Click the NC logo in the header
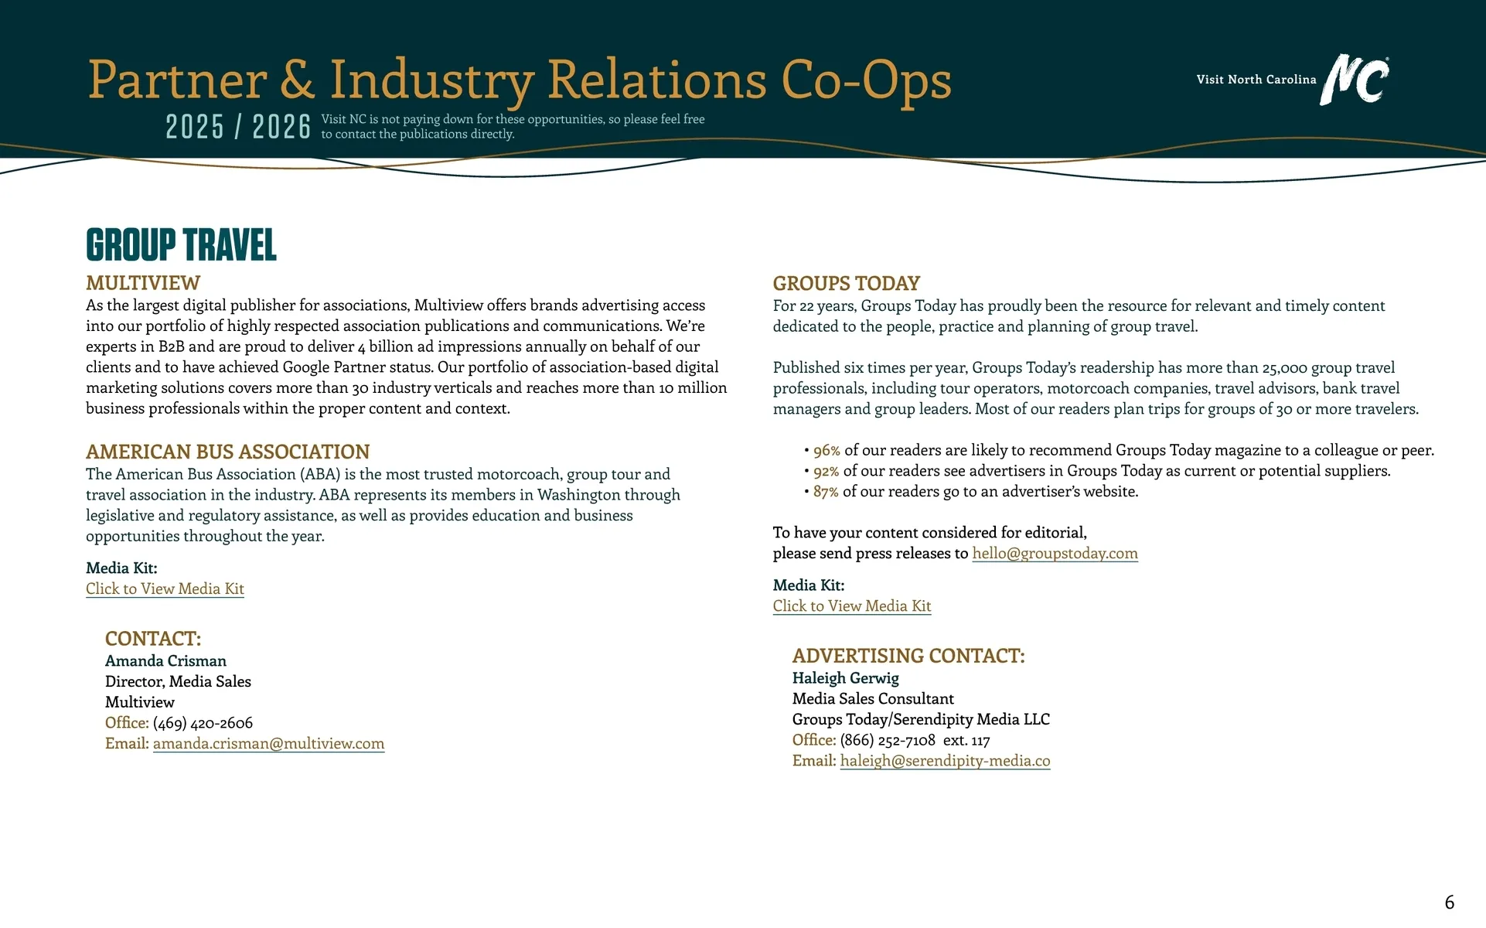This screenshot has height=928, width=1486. tap(1355, 79)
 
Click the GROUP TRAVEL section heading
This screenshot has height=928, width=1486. tap(181, 245)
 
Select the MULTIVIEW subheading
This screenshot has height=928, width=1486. tap(143, 283)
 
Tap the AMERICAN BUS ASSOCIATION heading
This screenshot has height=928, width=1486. tap(227, 452)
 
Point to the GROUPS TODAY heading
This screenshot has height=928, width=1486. tap(846, 283)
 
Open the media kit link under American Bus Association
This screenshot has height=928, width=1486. tap(165, 589)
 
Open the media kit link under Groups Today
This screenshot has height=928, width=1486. tap(851, 606)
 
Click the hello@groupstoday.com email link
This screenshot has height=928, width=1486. tap(1055, 553)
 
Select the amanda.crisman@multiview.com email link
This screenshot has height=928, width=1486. tap(268, 743)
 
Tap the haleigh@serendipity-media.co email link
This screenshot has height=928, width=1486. tap(945, 760)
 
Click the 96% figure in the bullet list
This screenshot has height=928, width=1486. tap(827, 450)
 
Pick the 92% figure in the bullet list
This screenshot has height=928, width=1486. tap(826, 471)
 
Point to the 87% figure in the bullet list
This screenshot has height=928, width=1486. tap(826, 492)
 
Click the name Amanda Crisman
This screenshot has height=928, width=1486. tap(165, 660)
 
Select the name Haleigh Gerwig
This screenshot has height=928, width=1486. tap(845, 677)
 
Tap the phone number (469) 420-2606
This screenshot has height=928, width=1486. tap(203, 722)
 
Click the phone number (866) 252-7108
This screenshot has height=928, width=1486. tap(888, 740)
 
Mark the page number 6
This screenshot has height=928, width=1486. tap(1449, 902)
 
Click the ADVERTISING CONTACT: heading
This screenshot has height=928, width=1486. tap(908, 656)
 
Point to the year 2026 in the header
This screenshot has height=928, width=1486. tap(281, 127)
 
